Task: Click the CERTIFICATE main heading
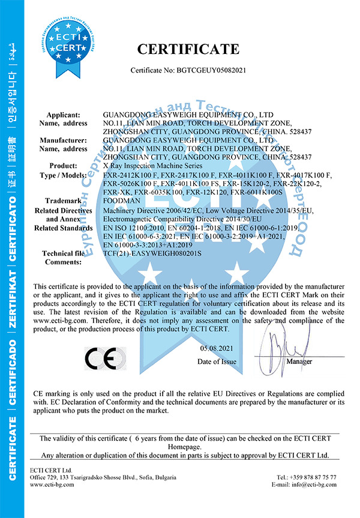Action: (188, 49)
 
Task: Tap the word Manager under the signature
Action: (299, 362)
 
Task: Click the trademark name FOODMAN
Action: (120, 202)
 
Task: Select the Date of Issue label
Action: (217, 362)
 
